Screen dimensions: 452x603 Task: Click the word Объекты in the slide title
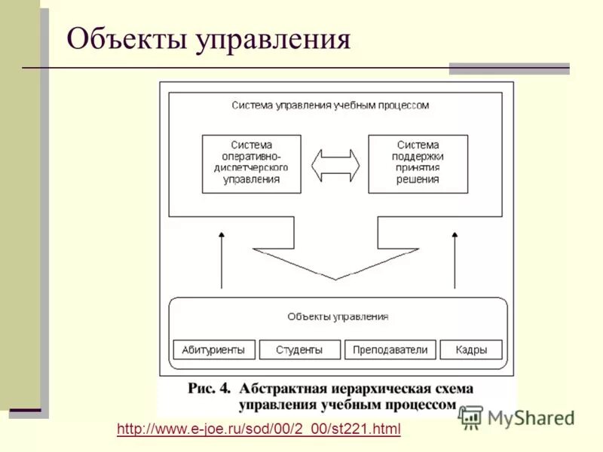127,39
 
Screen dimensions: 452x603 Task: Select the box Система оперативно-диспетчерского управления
252,163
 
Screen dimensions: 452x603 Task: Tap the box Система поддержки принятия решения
418,163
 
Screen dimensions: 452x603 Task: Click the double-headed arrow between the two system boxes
335,163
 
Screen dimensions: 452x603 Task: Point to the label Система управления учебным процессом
330,105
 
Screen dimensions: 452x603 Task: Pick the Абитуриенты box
215,350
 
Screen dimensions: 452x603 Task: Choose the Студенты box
299,350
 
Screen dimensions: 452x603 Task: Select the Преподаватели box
390,350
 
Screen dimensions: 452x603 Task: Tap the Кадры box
470,350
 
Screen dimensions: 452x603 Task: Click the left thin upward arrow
222,260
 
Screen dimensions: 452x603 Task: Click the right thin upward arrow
455,260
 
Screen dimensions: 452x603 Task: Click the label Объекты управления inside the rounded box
338,317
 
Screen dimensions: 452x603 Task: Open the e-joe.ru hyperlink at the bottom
259,429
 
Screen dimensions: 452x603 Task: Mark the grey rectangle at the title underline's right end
509,69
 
